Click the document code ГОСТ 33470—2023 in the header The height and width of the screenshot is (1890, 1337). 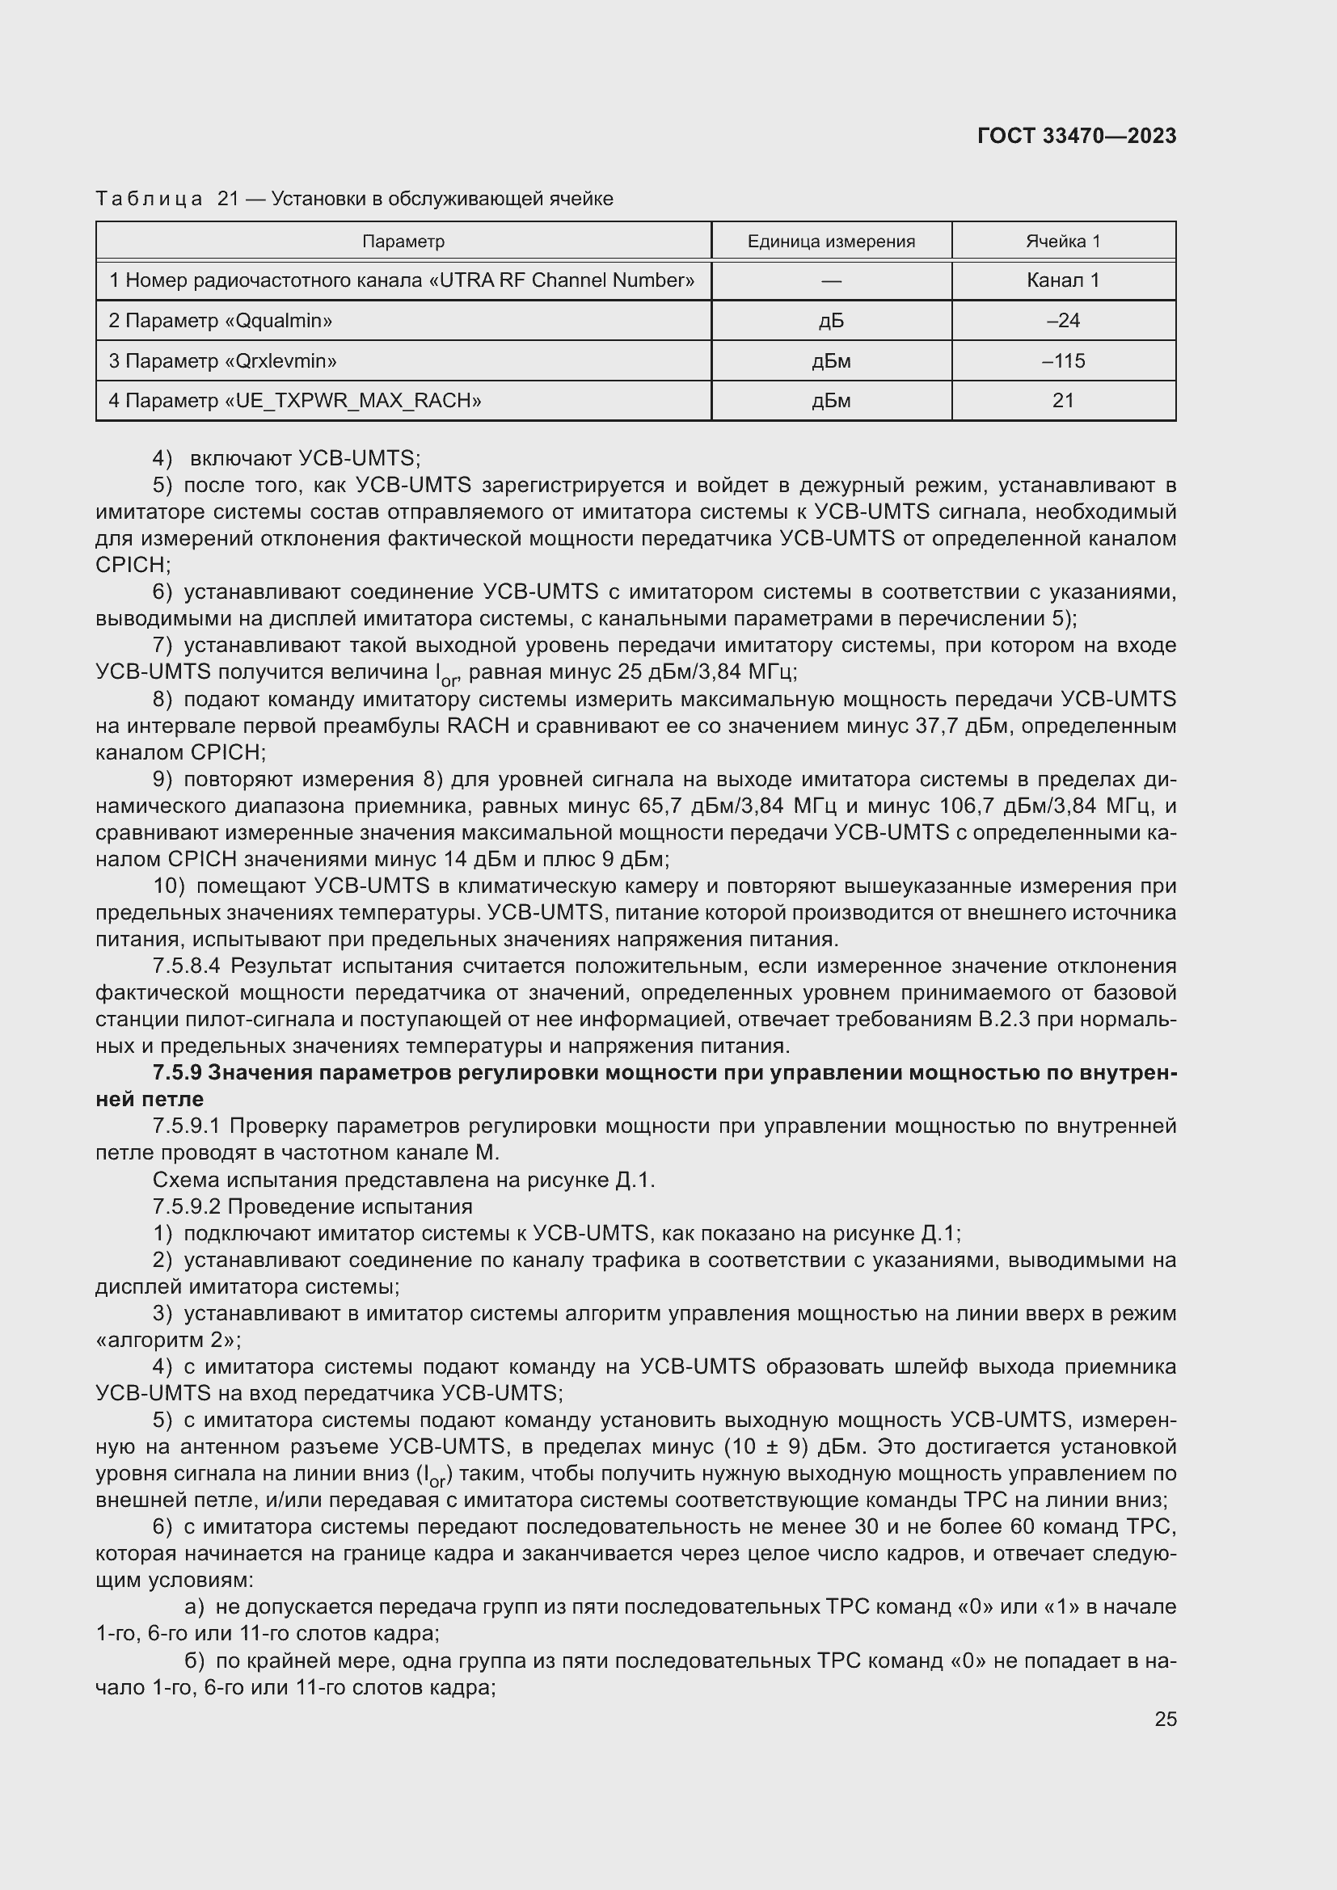click(x=1076, y=137)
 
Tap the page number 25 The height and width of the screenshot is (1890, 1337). click(x=1165, y=1719)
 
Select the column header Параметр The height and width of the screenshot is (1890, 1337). click(x=403, y=241)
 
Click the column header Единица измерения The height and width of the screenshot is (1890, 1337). click(x=831, y=241)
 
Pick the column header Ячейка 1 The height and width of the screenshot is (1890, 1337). click(x=1063, y=241)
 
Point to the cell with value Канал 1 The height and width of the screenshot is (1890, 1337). click(x=1063, y=280)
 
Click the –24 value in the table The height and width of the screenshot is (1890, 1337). click(x=1063, y=321)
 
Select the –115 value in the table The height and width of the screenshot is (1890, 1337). click(x=1063, y=360)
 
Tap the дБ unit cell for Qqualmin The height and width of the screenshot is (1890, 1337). click(x=831, y=321)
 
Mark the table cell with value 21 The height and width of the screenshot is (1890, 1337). click(x=1063, y=401)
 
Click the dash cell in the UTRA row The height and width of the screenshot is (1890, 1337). click(x=831, y=280)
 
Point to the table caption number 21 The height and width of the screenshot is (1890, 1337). click(x=228, y=200)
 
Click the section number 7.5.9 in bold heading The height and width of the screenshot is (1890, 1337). click(x=177, y=1072)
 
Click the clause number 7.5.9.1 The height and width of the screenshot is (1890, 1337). click(x=187, y=1126)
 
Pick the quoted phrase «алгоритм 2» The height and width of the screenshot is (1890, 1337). click(x=168, y=1340)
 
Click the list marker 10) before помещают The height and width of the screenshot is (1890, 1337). click(x=170, y=886)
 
